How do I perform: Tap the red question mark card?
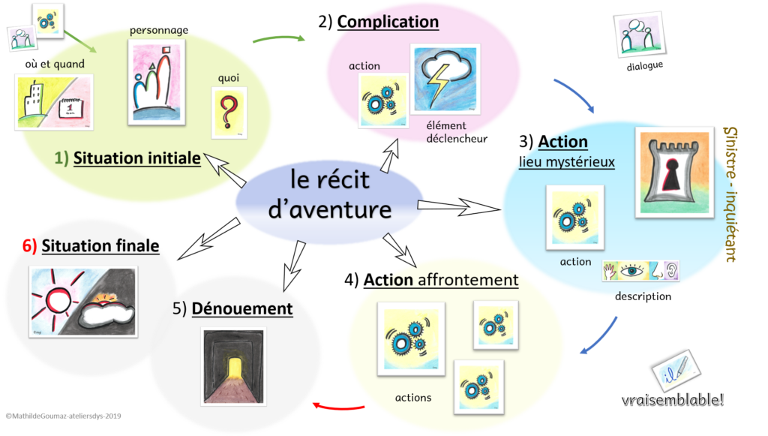pos(229,113)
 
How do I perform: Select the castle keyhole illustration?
pos(674,172)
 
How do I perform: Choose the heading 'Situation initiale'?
pos(136,158)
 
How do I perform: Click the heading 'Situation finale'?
pos(100,245)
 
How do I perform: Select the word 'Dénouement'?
pos(241,308)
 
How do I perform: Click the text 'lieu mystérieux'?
pos(567,161)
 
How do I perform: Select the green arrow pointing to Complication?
pos(279,38)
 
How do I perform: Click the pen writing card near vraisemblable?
pos(675,370)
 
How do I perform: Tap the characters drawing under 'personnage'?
pos(157,82)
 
